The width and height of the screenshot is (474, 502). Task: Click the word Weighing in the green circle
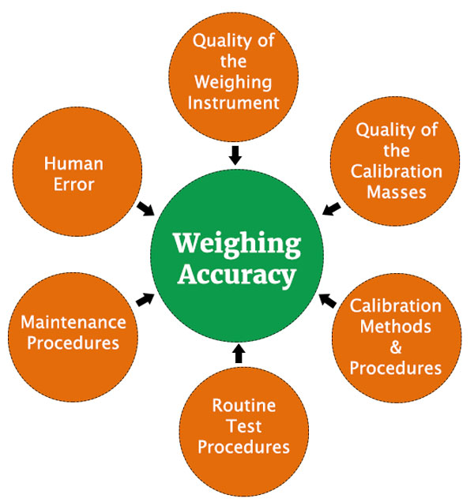pyautogui.click(x=236, y=245)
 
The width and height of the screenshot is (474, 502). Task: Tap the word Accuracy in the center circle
pyautogui.click(x=236, y=275)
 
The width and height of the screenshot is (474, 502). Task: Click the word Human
pyautogui.click(x=74, y=165)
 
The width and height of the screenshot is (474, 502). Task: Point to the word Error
pyautogui.click(x=74, y=185)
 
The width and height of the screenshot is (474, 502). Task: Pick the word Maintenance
pyautogui.click(x=73, y=322)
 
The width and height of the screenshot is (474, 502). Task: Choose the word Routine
pyautogui.click(x=243, y=406)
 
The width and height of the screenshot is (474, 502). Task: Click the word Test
pyautogui.click(x=243, y=427)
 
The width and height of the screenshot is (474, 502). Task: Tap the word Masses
pyautogui.click(x=397, y=191)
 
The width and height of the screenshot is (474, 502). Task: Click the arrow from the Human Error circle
pyautogui.click(x=146, y=208)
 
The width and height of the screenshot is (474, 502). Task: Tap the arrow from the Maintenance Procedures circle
pyautogui.click(x=145, y=298)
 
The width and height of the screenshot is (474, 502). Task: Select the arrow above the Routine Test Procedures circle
pyautogui.click(x=239, y=353)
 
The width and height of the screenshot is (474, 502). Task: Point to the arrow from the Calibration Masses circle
pyautogui.click(x=332, y=208)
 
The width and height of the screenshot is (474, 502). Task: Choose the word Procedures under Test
pyautogui.click(x=243, y=448)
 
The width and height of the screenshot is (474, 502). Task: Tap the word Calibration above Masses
pyautogui.click(x=397, y=170)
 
